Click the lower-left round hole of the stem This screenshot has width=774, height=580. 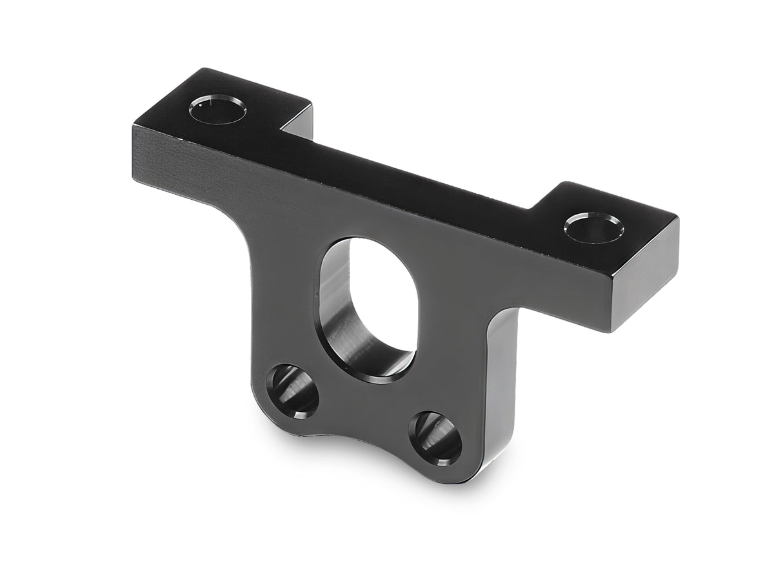(293, 391)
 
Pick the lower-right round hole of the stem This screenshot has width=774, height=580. (439, 438)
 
